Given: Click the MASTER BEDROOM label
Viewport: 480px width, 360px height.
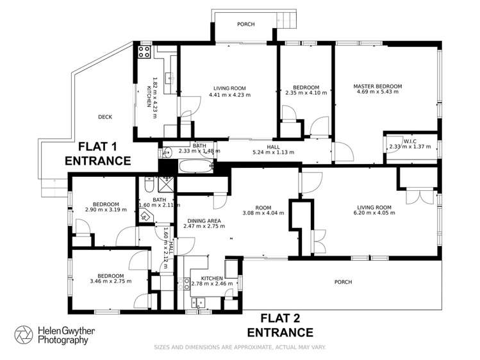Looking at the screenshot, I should [377, 86].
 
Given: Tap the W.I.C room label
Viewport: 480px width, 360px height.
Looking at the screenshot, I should [410, 142].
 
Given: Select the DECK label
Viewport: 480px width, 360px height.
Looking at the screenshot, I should [105, 117].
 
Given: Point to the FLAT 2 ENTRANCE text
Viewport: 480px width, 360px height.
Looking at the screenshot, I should [279, 325].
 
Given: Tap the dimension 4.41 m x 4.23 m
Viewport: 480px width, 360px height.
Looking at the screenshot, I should [229, 95].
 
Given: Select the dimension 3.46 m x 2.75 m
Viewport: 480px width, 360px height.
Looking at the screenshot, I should [110, 281].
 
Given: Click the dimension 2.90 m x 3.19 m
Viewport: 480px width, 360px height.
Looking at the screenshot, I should [106, 209].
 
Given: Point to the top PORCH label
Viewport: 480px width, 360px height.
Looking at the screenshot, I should [245, 24].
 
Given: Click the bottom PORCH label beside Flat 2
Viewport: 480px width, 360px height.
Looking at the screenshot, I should [343, 282].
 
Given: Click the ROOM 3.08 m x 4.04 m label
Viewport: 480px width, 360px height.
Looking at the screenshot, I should [262, 211].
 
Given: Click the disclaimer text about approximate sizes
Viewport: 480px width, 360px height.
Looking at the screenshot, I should [240, 347].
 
